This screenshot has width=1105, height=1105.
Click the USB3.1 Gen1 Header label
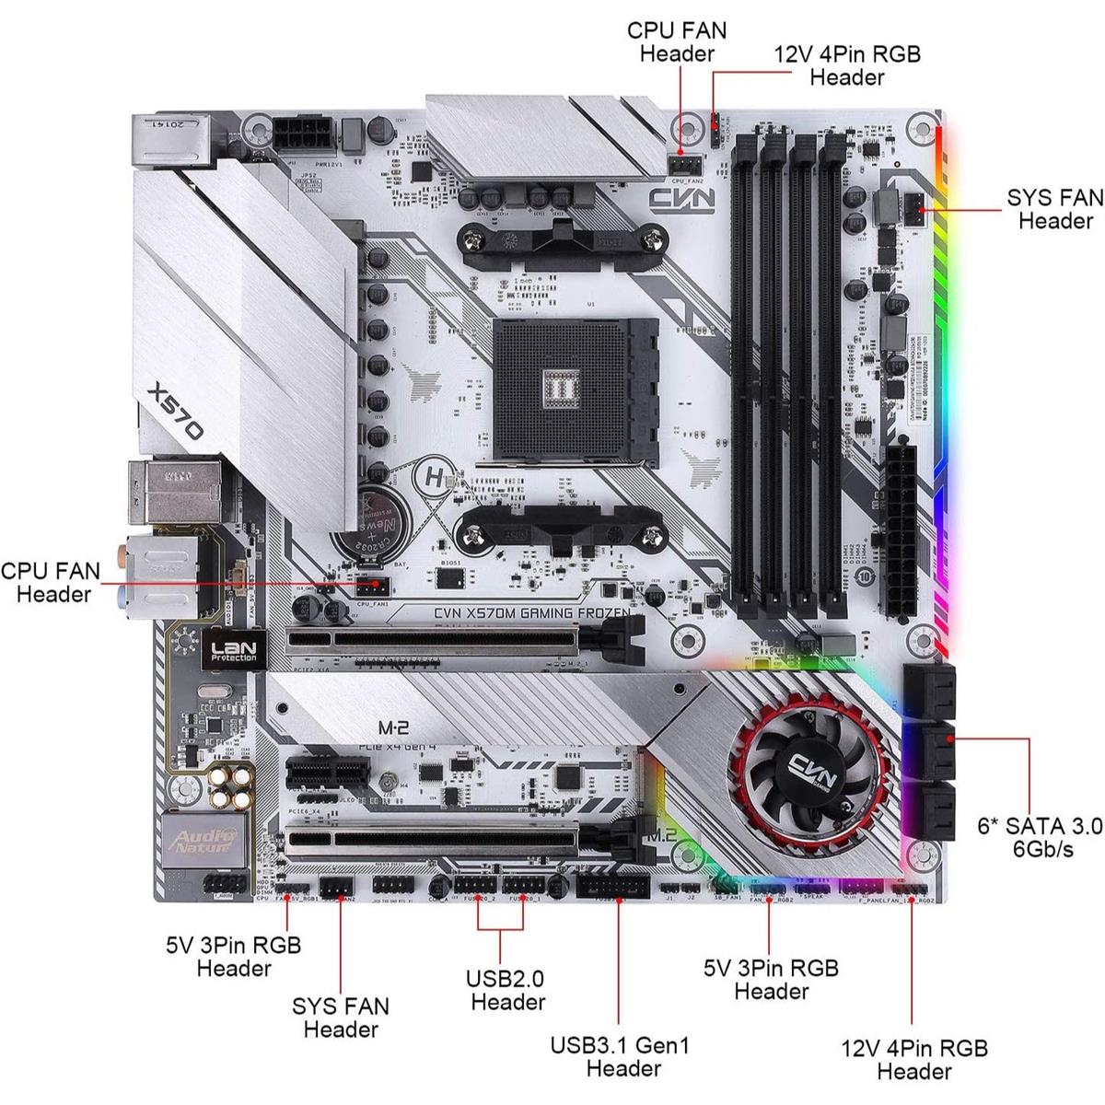pyautogui.click(x=619, y=1056)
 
